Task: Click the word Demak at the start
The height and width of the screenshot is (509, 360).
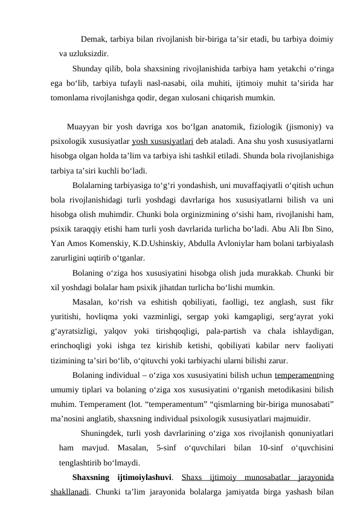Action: point(93,41)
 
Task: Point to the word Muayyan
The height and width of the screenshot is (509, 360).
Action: point(85,127)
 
